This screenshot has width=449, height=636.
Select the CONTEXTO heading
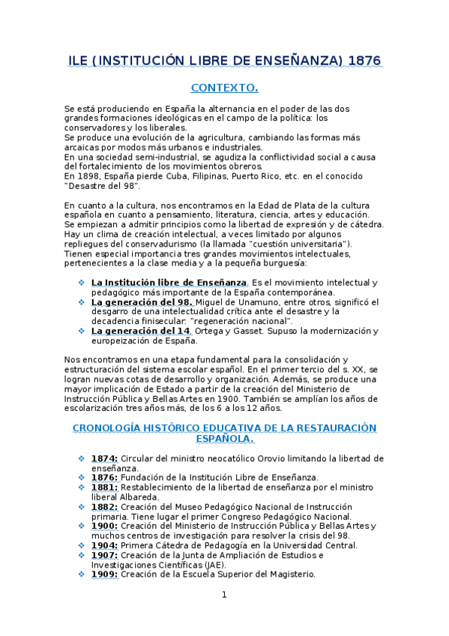(x=224, y=88)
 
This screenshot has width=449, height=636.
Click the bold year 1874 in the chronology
(x=103, y=457)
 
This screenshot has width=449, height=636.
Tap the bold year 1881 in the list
(x=103, y=487)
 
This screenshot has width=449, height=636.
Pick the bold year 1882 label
(x=103, y=506)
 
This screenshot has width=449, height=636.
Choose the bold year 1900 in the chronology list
(x=103, y=526)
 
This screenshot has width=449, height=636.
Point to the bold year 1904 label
(x=103, y=545)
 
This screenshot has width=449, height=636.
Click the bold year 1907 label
(x=103, y=555)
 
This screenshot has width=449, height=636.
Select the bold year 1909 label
(x=103, y=574)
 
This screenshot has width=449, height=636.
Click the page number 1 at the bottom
(x=223, y=595)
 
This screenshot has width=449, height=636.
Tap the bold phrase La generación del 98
(x=142, y=301)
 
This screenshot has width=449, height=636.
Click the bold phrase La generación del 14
(x=139, y=331)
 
